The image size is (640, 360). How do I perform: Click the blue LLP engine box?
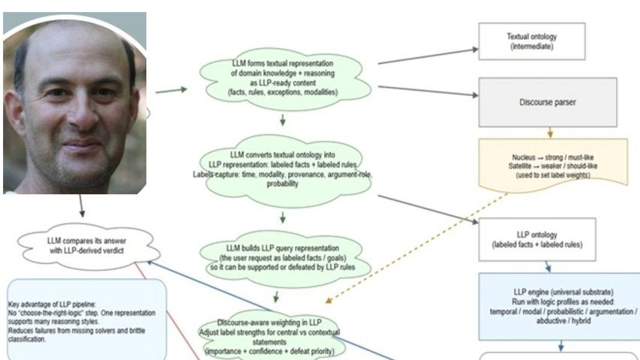(560, 305)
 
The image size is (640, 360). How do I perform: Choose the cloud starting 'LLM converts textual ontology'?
(283, 169)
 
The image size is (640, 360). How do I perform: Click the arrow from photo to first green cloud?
(171, 90)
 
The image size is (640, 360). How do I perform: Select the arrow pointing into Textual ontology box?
(428, 57)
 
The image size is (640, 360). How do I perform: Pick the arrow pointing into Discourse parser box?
(428, 91)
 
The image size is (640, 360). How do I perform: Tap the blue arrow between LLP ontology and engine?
(548, 266)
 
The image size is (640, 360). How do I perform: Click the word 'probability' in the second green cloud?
(282, 183)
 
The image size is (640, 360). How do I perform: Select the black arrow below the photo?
(80, 206)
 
